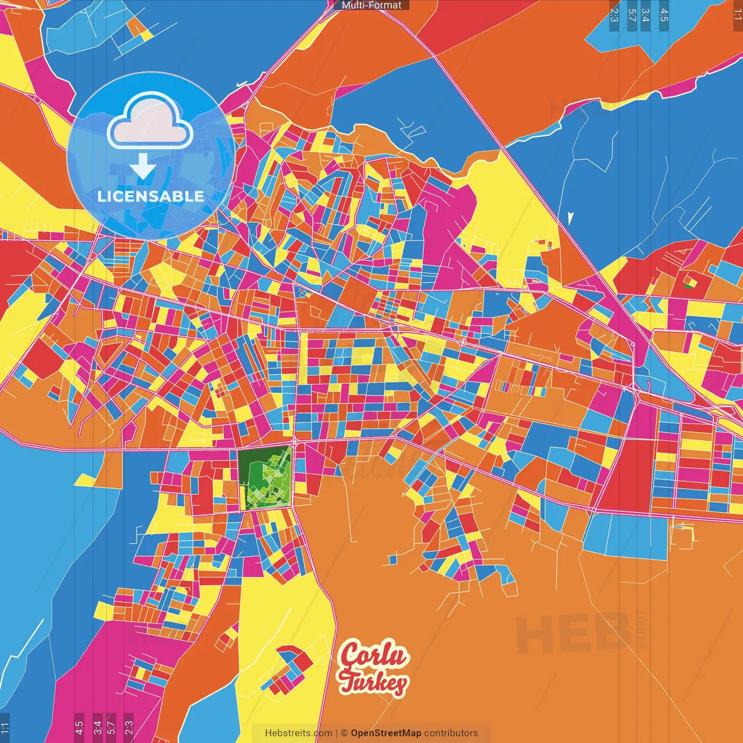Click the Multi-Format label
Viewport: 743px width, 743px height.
(371, 5)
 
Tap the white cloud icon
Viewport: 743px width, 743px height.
(150, 121)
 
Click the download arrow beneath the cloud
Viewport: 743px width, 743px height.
(142, 166)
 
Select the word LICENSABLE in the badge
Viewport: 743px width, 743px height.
(150, 196)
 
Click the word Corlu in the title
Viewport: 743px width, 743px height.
(374, 655)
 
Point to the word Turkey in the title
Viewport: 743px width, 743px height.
(374, 683)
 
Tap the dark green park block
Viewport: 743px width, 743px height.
(265, 478)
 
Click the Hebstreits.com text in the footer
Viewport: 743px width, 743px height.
(298, 733)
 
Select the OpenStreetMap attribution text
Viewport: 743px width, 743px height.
(385, 733)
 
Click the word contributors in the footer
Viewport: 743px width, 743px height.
(451, 733)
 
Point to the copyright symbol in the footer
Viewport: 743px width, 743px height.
(344, 733)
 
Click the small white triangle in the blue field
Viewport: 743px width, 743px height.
(571, 218)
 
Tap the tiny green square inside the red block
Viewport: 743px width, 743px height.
(688, 285)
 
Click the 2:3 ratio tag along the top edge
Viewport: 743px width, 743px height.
(614, 15)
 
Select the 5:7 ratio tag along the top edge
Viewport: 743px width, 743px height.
(632, 15)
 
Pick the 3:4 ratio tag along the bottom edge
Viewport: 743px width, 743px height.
(98, 727)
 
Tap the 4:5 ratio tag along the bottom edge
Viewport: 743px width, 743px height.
(79, 727)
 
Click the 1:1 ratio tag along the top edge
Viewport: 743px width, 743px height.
(737, 15)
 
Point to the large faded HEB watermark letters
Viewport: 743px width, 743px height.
(572, 633)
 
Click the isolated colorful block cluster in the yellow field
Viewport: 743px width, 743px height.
(287, 670)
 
